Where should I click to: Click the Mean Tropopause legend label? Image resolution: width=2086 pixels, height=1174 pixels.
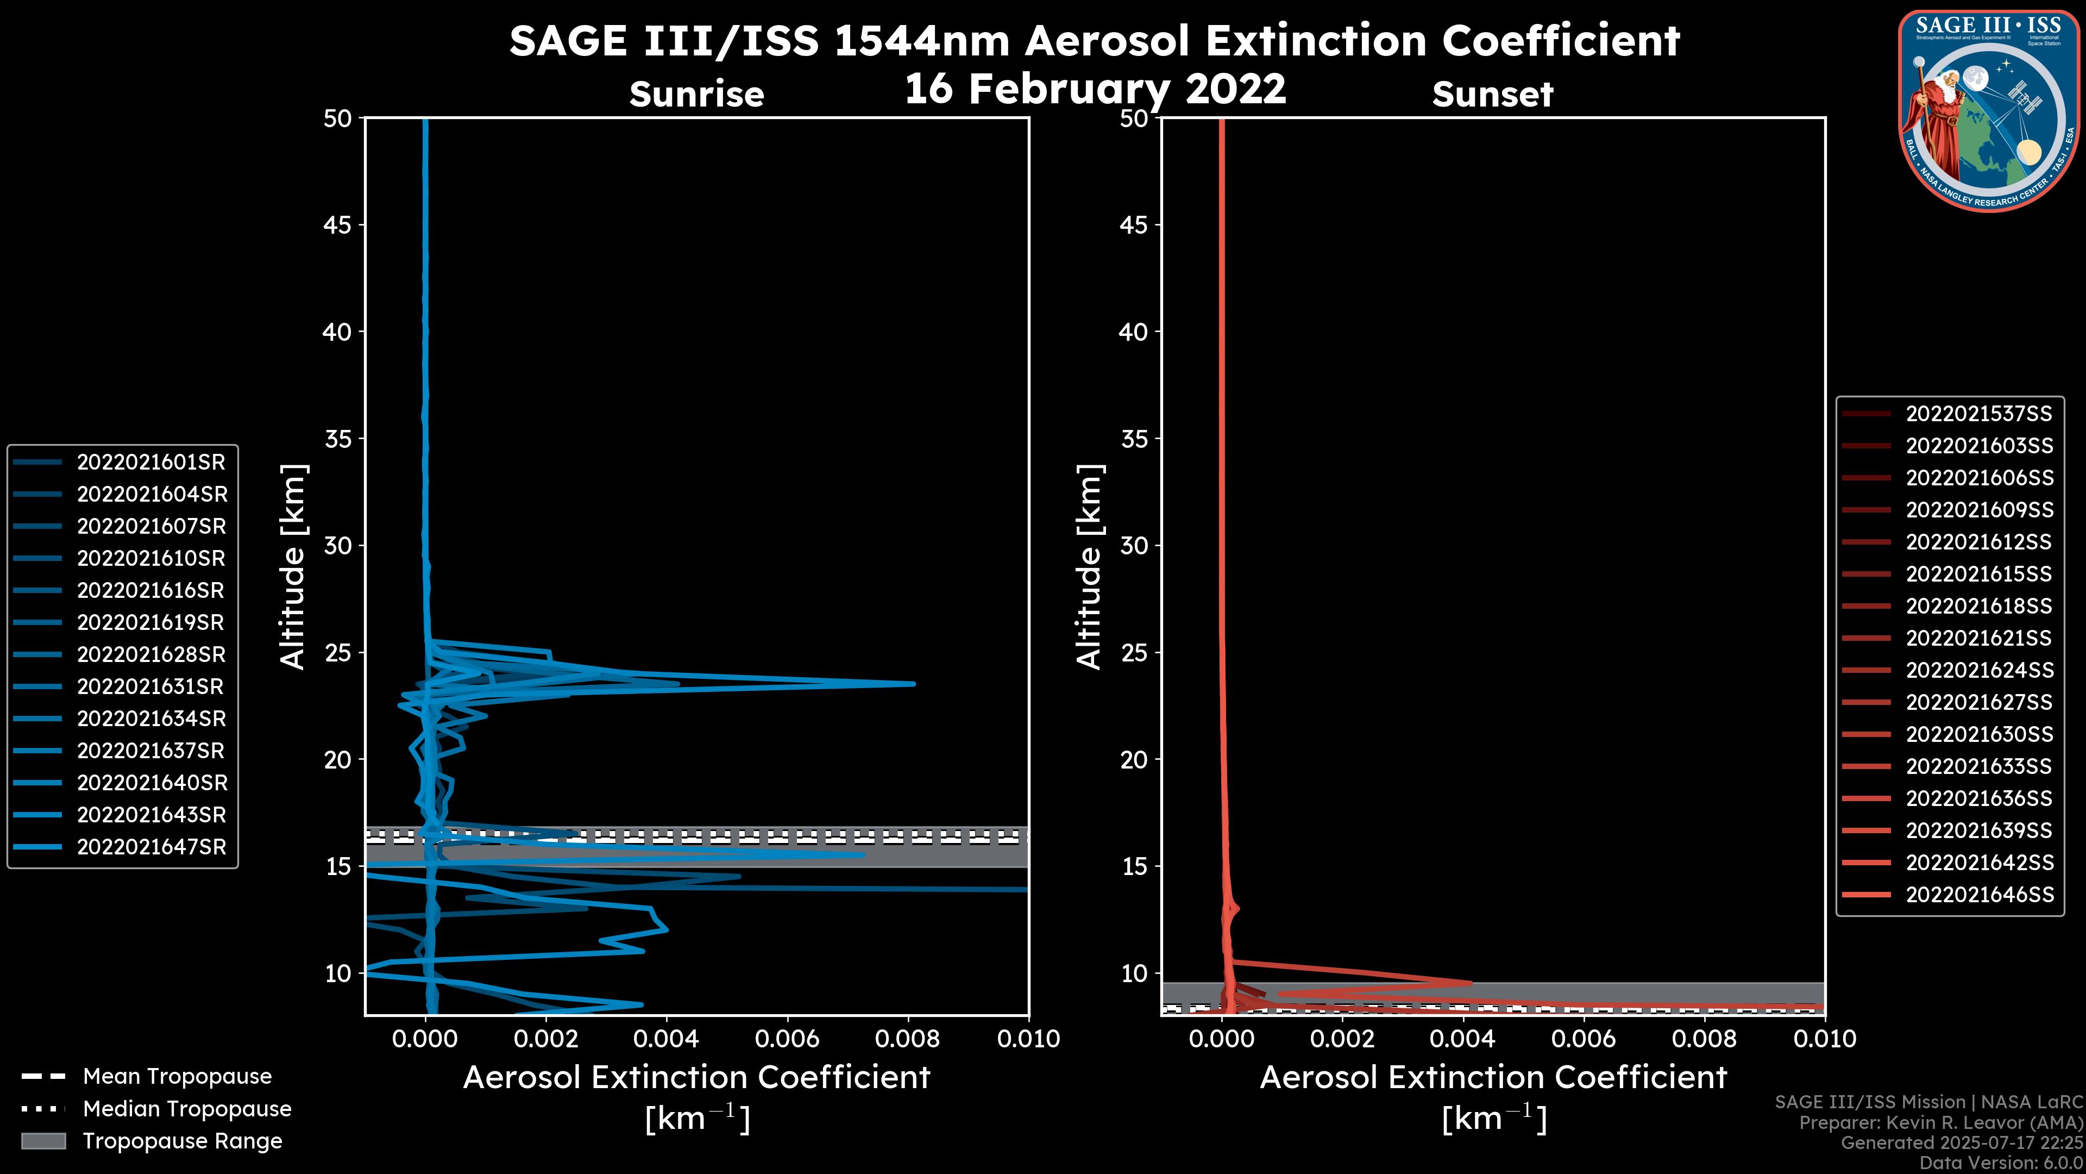point(177,1076)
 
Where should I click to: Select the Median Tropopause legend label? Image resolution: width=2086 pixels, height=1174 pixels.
point(187,1108)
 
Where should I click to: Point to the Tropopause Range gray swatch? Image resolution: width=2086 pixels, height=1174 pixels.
point(43,1141)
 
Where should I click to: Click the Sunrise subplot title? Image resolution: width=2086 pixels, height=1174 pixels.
point(696,95)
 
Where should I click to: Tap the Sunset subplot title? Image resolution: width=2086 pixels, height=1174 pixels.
point(1492,95)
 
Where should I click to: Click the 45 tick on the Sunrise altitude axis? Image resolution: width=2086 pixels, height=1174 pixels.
point(338,224)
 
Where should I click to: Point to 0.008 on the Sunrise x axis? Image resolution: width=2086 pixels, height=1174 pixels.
point(908,1039)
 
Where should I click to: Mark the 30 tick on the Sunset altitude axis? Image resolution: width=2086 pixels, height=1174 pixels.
point(1134,545)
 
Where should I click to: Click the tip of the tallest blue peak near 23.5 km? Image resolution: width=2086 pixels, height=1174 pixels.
point(913,684)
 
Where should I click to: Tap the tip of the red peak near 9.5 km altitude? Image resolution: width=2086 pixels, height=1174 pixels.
point(1470,983)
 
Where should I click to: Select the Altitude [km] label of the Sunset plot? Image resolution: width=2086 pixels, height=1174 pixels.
point(1089,567)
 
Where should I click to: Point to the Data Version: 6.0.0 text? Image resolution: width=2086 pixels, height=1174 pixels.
point(2000,1163)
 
